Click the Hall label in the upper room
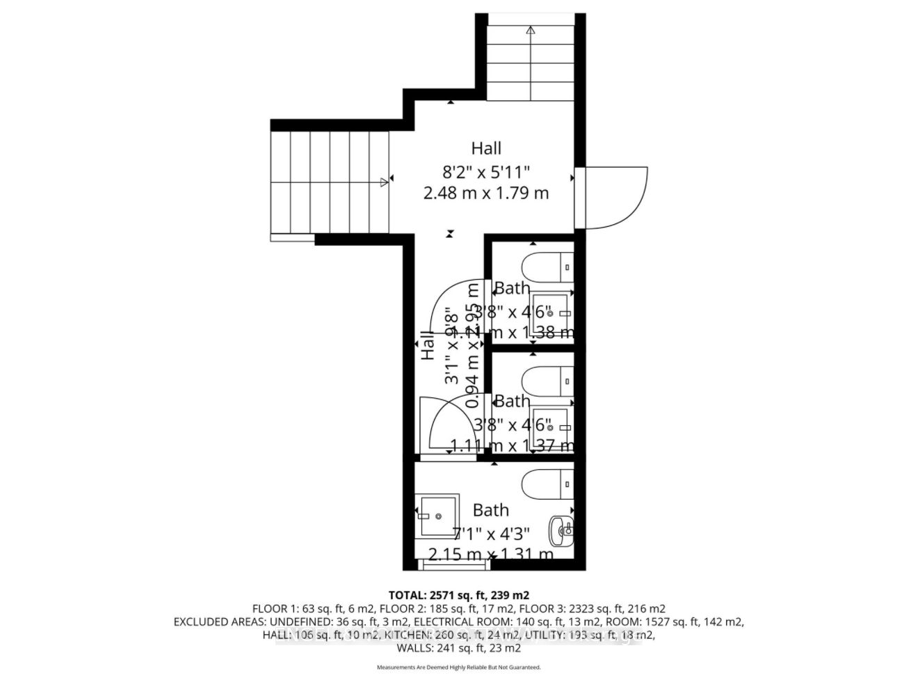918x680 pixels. [485, 148]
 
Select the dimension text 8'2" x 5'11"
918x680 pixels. [485, 171]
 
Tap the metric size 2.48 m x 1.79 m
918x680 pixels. [485, 193]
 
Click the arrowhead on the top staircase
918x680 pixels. [531, 30]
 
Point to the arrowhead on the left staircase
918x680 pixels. [385, 182]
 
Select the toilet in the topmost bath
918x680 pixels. [549, 267]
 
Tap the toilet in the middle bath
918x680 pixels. [549, 381]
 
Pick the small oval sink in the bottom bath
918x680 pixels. [561, 531]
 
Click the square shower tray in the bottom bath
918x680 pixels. [437, 516]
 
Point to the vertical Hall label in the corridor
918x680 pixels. [428, 346]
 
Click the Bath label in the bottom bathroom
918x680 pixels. [490, 510]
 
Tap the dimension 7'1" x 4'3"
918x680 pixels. [491, 533]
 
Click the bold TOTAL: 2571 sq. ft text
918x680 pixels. [459, 595]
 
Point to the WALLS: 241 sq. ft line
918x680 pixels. [458, 648]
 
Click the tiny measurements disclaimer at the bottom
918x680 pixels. [458, 667]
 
